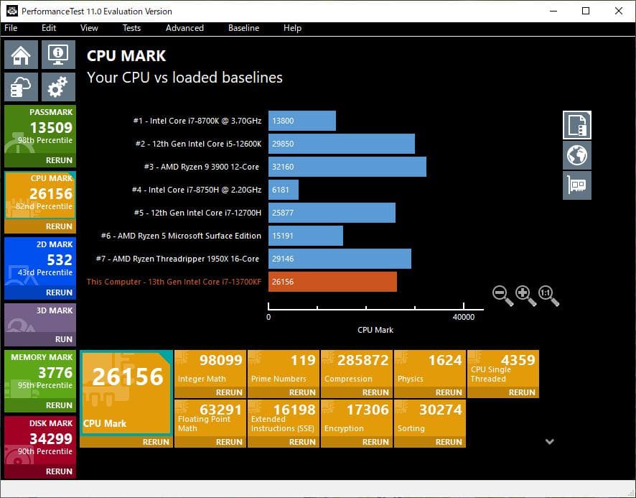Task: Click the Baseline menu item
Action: pos(243,28)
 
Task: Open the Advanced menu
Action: pos(184,28)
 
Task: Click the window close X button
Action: pos(619,11)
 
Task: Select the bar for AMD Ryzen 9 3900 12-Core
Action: pos(347,167)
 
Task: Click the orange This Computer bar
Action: pos(332,282)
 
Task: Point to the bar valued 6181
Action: pos(284,190)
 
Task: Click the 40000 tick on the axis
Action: pos(464,317)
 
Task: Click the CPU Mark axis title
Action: pos(375,330)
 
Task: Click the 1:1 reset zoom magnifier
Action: pos(548,295)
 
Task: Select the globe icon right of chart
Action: pos(577,155)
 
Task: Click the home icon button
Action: pos(22,55)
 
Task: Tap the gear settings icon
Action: pos(58,87)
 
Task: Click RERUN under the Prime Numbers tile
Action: pos(302,392)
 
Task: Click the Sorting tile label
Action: pos(411,428)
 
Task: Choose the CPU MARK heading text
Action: pos(126,56)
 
